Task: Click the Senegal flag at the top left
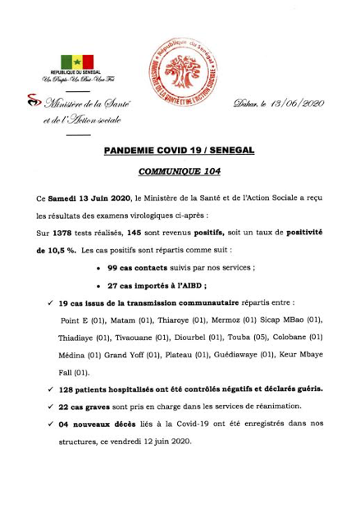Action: pos(77,62)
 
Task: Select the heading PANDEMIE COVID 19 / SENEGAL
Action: pos(180,151)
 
